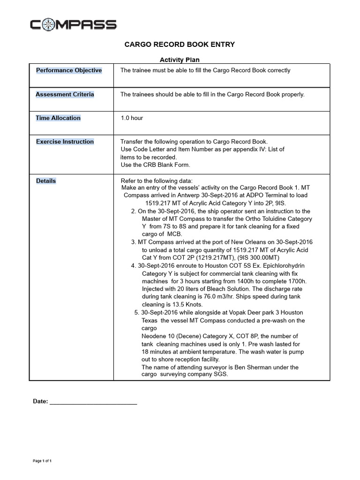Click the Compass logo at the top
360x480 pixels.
(x=73, y=24)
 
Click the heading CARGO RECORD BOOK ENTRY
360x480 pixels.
(x=179, y=45)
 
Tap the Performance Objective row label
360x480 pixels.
(x=69, y=70)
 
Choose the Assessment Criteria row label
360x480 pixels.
(x=65, y=94)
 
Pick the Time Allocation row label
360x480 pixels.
(x=58, y=118)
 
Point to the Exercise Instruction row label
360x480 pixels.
(x=65, y=142)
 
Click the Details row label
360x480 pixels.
(x=46, y=181)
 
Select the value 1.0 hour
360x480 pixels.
(x=132, y=118)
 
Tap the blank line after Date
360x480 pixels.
(x=93, y=402)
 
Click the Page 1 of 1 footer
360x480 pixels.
(x=42, y=461)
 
